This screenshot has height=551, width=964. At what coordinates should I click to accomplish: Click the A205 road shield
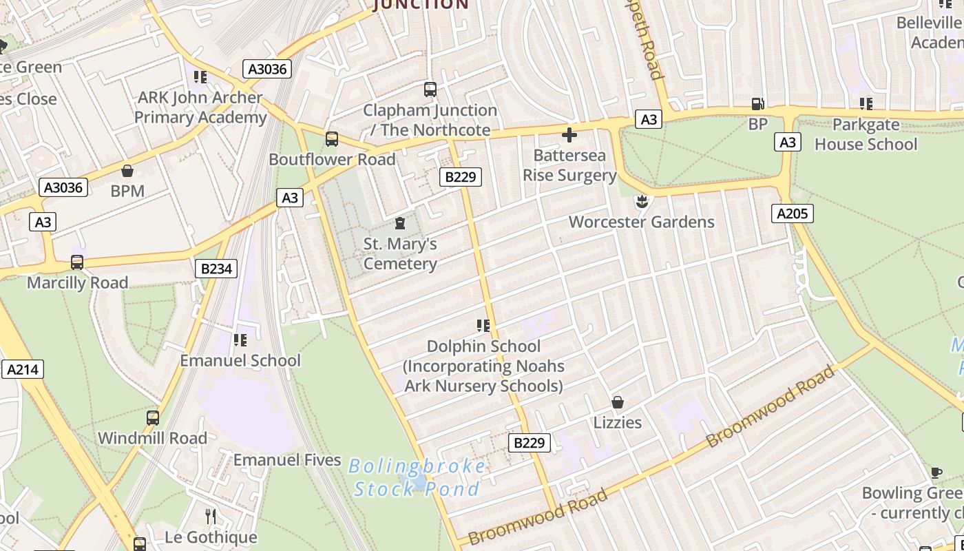pos(792,214)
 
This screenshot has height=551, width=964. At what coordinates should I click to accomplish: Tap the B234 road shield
pos(216,269)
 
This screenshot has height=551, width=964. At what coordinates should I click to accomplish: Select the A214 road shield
pos(23,369)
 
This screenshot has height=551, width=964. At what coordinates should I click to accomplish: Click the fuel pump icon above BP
pos(757,104)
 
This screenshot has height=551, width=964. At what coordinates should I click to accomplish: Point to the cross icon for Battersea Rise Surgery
pos(569,134)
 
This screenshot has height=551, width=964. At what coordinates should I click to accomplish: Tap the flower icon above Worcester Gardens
pos(642,201)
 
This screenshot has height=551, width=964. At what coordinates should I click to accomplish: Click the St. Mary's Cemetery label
pos(400,253)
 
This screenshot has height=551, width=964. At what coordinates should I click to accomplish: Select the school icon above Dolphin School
pos(483,325)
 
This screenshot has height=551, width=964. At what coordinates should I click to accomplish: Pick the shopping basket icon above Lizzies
pos(618,402)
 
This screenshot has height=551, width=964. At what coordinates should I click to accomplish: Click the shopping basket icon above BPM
pos(127,171)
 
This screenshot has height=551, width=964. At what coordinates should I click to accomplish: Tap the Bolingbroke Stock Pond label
pos(417,477)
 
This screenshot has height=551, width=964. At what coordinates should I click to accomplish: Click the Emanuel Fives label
pos(287,460)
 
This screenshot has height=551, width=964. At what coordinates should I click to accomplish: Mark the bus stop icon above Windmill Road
pos(153,418)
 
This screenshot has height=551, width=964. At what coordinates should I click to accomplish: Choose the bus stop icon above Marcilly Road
pos(77,262)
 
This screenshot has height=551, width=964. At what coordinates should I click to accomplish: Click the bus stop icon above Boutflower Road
pos(332,139)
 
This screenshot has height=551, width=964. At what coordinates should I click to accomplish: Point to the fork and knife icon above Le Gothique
pos(211,516)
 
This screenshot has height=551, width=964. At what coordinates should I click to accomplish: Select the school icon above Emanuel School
pos(240,340)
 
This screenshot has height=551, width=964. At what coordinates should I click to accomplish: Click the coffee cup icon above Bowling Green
pos(936,472)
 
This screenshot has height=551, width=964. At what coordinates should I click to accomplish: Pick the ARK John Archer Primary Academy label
pos(200,107)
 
